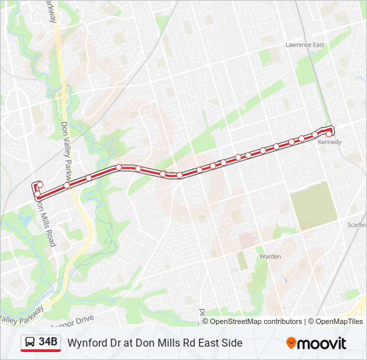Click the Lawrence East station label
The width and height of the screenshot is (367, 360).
[304, 45]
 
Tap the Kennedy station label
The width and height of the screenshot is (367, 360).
[330, 142]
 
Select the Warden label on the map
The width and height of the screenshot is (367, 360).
[270, 256]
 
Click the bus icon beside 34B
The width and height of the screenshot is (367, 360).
[30, 343]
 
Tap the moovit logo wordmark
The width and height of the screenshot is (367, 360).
[322, 343]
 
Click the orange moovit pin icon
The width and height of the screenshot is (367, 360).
[292, 343]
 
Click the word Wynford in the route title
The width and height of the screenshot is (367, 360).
[87, 343]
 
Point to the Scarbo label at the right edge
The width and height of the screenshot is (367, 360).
[356, 225]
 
